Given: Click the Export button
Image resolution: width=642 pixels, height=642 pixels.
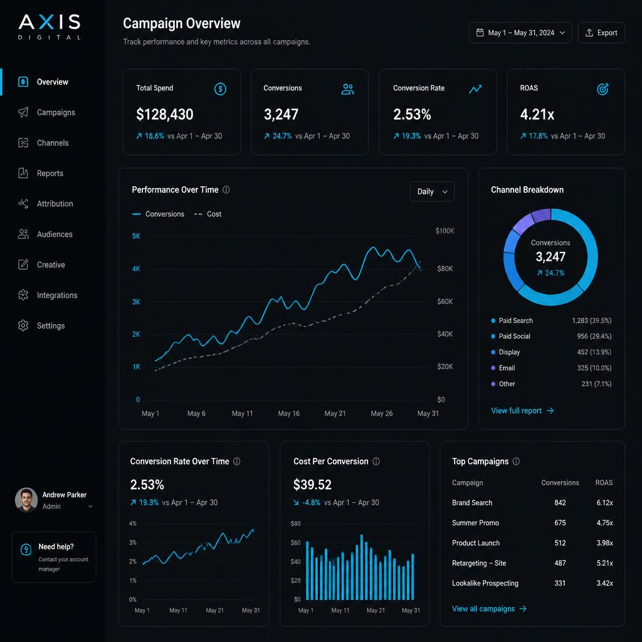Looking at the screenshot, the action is [x=601, y=33].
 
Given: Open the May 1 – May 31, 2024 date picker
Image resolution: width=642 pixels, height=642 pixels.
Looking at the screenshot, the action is [x=520, y=33].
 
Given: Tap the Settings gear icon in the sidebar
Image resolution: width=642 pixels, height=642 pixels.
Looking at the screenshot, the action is [x=23, y=325].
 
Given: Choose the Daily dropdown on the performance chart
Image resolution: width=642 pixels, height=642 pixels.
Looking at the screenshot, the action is [x=432, y=192].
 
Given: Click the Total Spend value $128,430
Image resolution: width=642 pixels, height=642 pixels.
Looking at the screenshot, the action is [x=165, y=114].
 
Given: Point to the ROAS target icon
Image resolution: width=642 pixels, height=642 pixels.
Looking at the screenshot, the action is [x=603, y=89].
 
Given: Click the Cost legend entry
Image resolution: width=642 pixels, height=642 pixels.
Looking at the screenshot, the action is [x=208, y=214].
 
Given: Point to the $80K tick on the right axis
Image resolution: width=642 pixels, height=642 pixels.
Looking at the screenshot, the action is [x=445, y=268].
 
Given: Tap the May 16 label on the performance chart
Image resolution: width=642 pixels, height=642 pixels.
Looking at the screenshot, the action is [x=288, y=414].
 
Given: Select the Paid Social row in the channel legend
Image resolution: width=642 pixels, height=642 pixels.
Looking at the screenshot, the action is [x=551, y=336].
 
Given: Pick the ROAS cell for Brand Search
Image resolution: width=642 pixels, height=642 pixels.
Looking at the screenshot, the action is [x=605, y=503].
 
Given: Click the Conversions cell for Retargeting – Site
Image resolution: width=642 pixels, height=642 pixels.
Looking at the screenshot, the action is [x=560, y=563].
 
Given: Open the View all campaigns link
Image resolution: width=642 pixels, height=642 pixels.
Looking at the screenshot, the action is [x=489, y=609].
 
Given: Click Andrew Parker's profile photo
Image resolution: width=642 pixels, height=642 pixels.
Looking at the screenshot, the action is [x=26, y=500].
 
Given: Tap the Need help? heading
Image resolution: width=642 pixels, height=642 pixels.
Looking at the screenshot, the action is [x=56, y=547].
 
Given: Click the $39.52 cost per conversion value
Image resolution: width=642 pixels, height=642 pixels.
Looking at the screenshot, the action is [x=312, y=485].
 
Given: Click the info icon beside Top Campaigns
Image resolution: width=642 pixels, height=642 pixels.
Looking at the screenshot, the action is [x=517, y=461].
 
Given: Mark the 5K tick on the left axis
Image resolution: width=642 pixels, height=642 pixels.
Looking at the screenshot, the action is [x=136, y=236].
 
